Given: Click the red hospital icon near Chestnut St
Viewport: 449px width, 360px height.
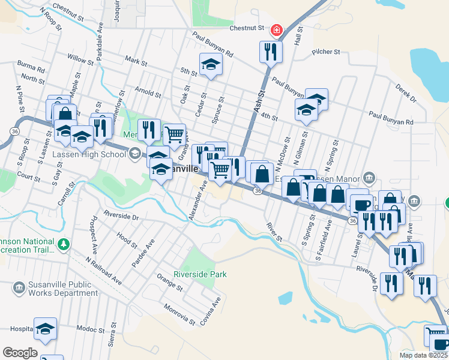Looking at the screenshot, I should (x=277, y=29).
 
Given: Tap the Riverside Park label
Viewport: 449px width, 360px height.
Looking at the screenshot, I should (x=200, y=274).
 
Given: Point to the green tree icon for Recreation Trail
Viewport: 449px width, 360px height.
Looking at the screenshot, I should (x=63, y=244).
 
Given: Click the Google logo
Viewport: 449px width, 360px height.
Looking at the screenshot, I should (x=20, y=353).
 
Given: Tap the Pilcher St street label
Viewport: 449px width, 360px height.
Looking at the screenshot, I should (x=326, y=52).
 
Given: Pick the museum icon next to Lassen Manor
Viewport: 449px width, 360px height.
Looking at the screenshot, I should (x=369, y=178).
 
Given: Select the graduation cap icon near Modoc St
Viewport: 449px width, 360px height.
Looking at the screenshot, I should (x=45, y=328).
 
